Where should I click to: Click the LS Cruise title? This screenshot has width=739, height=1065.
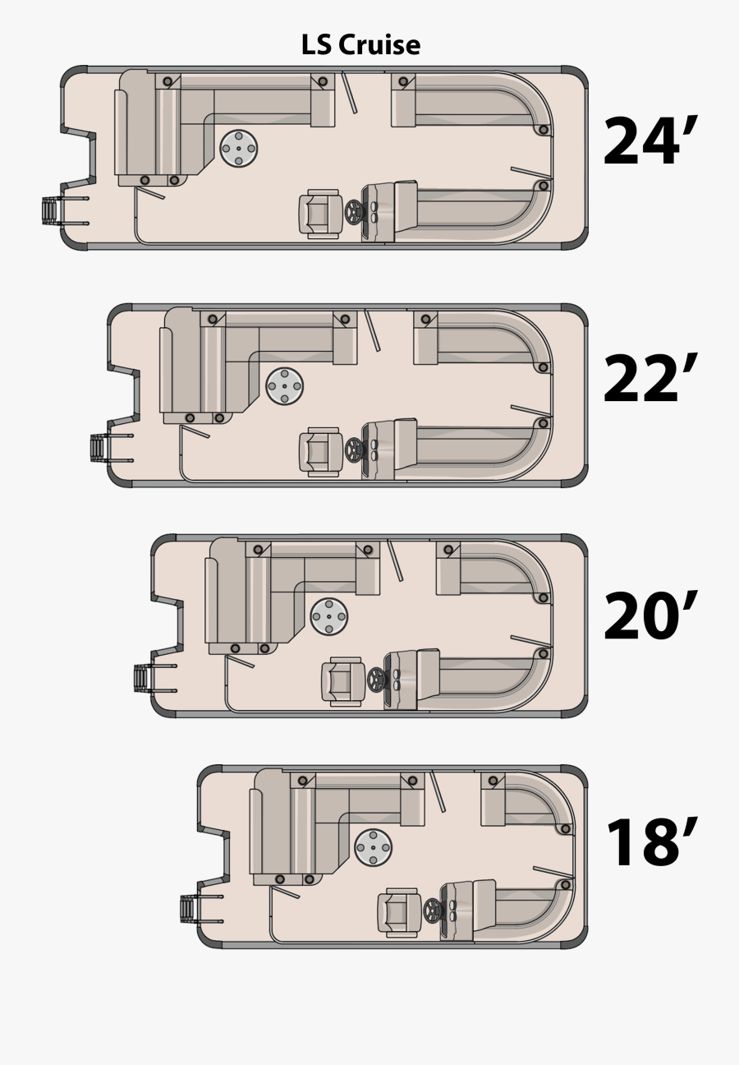pos(360,44)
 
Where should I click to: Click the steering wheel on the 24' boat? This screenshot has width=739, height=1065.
pos(355,212)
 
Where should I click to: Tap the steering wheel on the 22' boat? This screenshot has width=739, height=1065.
pos(355,450)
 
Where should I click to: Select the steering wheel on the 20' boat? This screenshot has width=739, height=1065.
pos(377,680)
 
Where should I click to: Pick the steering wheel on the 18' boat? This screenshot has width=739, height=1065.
pos(434,910)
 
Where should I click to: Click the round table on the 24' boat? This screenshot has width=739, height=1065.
pos(239,148)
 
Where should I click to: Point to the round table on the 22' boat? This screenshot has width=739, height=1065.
pos(285,385)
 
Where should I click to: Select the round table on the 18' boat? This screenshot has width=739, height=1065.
pos(374,846)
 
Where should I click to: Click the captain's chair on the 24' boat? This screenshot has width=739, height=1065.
pos(321,214)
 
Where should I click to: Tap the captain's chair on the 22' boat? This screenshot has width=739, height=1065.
pos(320,451)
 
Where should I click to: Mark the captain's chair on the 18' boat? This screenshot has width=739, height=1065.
pos(398,911)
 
